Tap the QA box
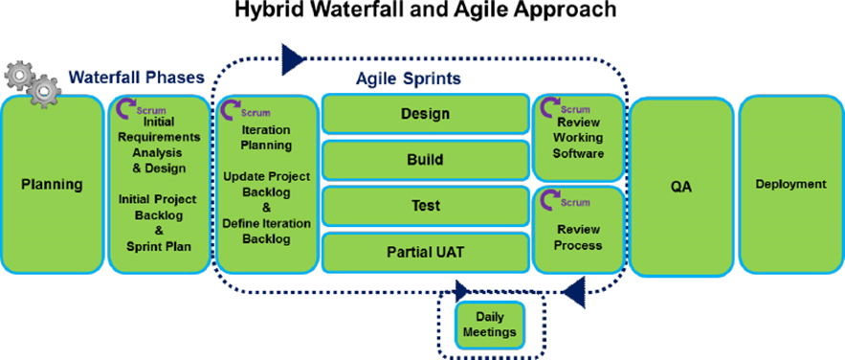point(680,185)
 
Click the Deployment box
point(790,184)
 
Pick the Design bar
point(425,114)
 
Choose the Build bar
point(425,160)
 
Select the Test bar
point(425,206)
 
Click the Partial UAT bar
point(425,252)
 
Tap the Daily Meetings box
point(490,324)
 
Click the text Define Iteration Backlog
point(266,230)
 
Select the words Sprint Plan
point(159,246)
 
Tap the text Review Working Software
point(578,137)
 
